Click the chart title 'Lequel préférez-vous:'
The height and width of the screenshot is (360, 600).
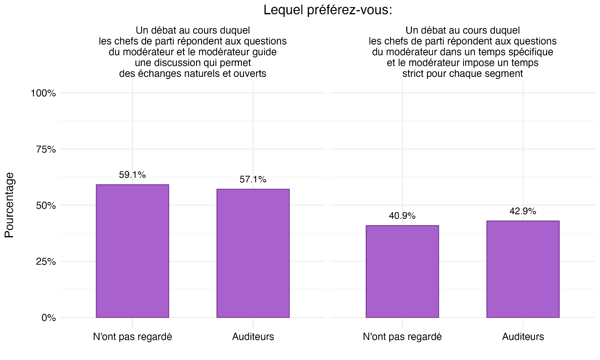pos(328,10)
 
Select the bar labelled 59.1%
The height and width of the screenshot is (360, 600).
pos(132,251)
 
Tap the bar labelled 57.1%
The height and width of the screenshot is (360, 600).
pos(253,253)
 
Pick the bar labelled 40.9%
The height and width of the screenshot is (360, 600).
pos(402,271)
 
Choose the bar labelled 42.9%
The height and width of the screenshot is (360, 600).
pos(523,269)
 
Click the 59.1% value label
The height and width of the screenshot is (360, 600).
pos(132,175)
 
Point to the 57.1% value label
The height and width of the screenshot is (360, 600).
pos(253,180)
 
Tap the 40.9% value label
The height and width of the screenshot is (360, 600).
pos(402,216)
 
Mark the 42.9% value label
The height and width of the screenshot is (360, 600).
pos(523,211)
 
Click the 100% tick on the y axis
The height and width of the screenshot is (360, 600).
pos(43,93)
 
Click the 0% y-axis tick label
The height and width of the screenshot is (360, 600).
pos(48,318)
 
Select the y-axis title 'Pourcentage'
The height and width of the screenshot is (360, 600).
pos(10,205)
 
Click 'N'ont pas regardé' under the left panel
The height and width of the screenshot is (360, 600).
pos(132,337)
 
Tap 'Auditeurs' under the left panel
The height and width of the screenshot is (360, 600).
pos(253,337)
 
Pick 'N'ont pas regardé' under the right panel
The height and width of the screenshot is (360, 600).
pos(402,337)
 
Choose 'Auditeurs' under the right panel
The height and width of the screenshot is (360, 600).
pos(523,337)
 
